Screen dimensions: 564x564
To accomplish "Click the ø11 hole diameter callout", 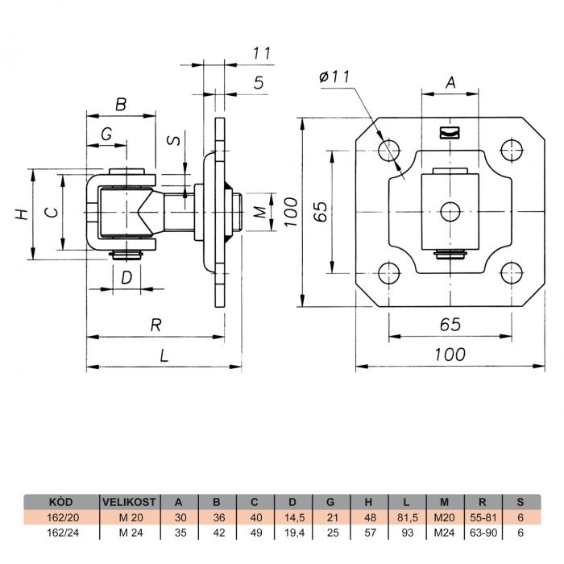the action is click(x=334, y=77).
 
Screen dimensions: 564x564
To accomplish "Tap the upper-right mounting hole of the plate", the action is click(x=512, y=150).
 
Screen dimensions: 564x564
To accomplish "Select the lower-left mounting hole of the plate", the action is click(x=389, y=273).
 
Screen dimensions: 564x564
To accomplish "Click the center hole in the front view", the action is click(x=450, y=211).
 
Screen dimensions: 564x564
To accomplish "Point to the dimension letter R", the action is click(x=156, y=326).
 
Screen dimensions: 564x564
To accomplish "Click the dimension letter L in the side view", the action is click(x=164, y=356).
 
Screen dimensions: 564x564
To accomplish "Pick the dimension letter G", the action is click(x=106, y=135).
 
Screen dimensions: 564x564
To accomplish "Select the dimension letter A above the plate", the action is click(x=450, y=82).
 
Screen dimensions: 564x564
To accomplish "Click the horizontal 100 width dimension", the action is click(x=450, y=355).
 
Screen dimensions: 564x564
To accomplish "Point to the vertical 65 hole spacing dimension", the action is click(x=321, y=211).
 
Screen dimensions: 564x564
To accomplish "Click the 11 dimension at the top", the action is click(x=262, y=54).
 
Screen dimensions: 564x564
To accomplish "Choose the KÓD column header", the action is click(x=60, y=502).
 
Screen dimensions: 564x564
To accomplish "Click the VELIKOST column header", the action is click(x=129, y=502).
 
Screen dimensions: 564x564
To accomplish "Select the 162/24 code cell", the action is click(x=63, y=533).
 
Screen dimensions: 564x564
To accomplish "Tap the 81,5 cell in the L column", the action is click(x=407, y=517).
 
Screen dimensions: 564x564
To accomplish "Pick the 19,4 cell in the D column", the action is click(x=294, y=533).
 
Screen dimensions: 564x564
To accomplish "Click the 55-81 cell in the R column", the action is click(x=483, y=517).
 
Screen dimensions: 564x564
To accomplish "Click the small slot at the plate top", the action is click(x=450, y=132).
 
